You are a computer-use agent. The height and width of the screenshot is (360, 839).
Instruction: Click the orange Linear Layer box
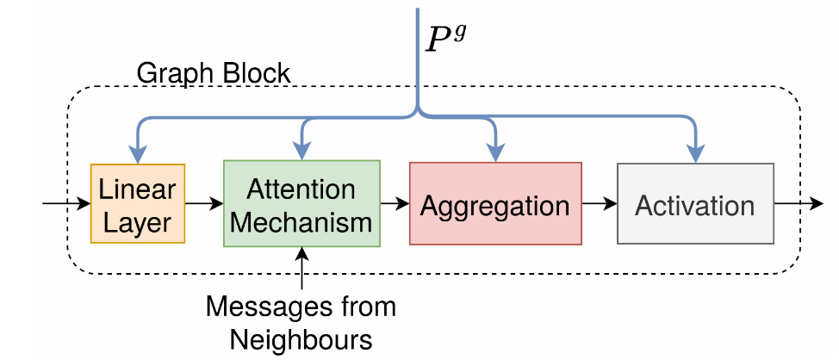tap(137, 203)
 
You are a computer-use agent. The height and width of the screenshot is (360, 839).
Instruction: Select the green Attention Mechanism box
tap(301, 203)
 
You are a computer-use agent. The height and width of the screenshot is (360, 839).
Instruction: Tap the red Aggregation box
tap(495, 204)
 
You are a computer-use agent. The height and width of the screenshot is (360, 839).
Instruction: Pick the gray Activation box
tap(694, 204)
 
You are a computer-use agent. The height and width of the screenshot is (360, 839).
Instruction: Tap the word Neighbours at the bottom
tap(301, 338)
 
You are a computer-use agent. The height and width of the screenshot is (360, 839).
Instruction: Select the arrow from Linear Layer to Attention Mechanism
tap(203, 204)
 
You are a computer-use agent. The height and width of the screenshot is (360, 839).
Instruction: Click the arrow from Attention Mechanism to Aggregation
tap(395, 204)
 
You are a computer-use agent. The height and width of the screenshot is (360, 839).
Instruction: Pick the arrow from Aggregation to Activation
tap(600, 204)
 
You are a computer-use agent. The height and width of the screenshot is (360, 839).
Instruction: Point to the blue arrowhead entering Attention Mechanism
tap(301, 150)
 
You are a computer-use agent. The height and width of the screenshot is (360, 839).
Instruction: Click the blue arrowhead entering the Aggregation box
tap(496, 152)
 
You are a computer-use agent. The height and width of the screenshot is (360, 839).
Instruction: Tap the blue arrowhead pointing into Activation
tap(694, 152)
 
